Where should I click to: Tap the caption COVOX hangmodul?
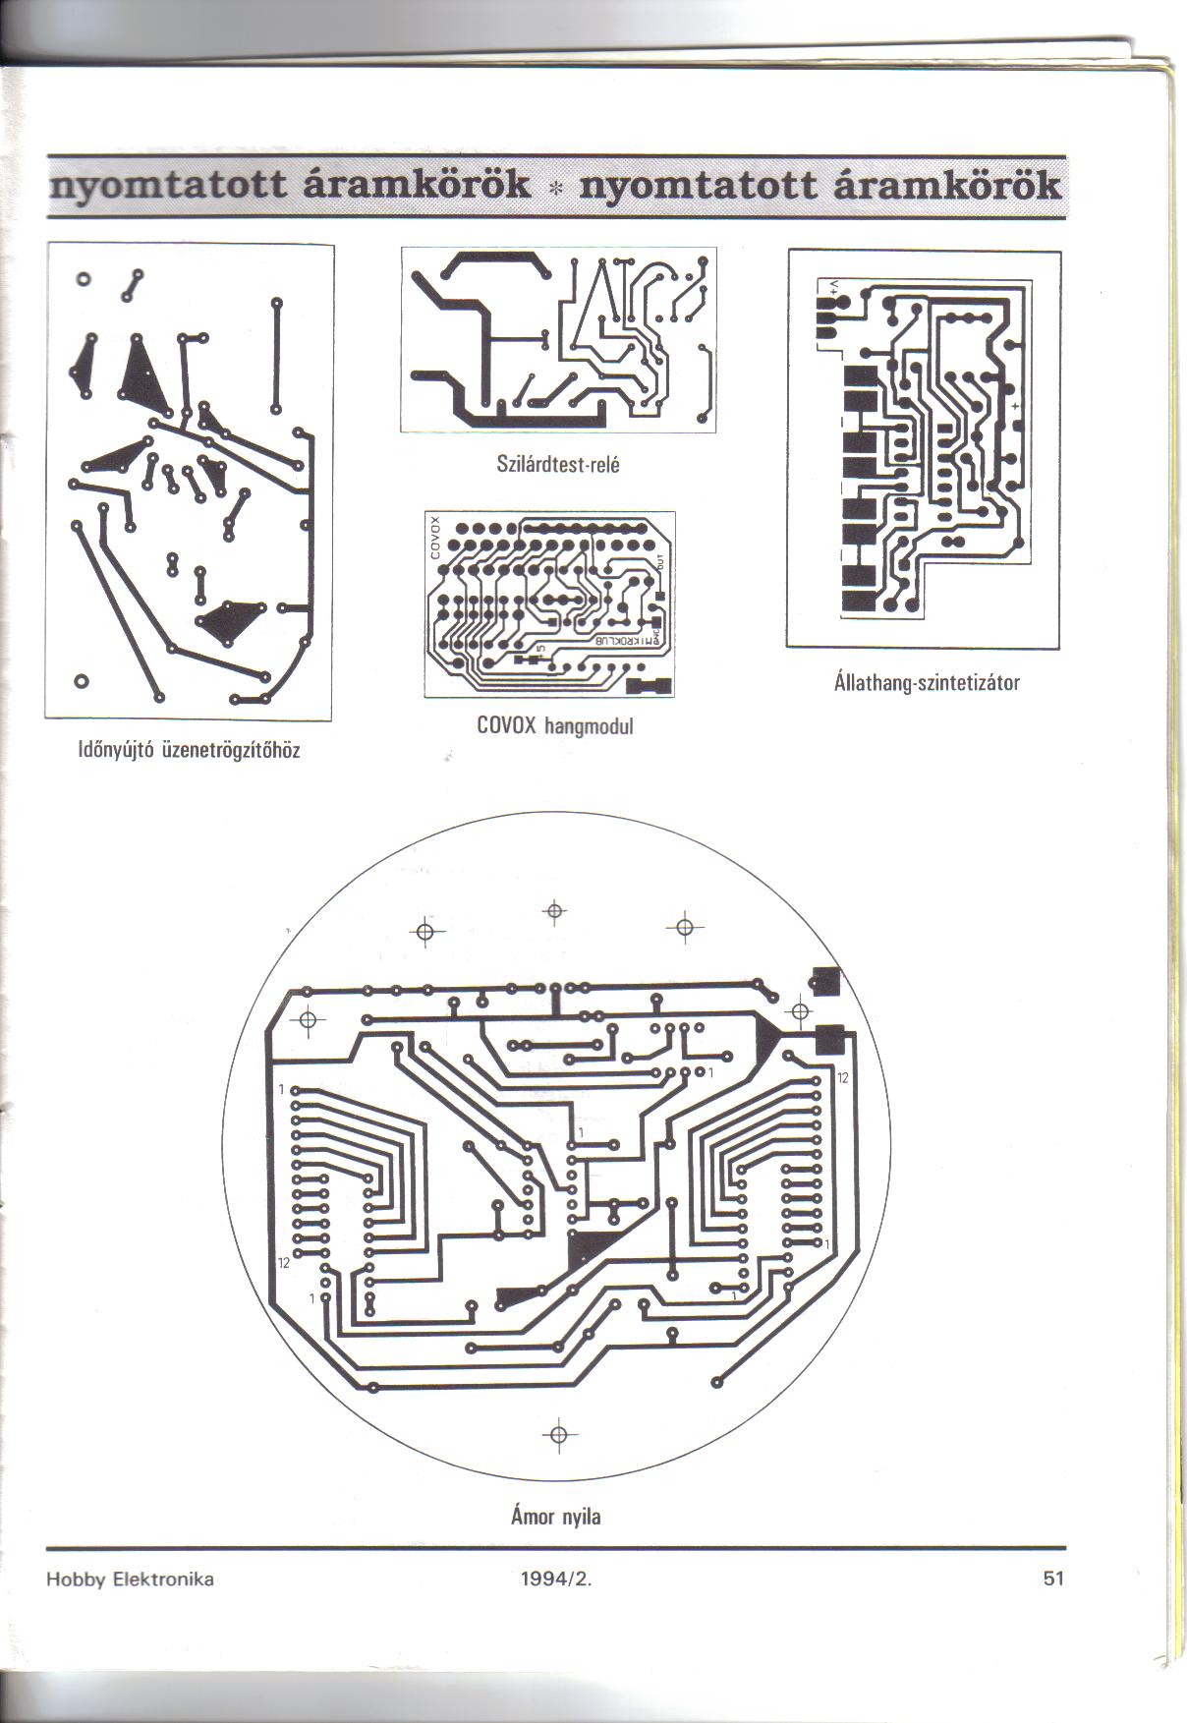(x=555, y=726)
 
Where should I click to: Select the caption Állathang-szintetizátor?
(x=927, y=681)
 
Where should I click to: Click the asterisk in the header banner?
(x=555, y=188)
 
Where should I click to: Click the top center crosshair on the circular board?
(x=554, y=912)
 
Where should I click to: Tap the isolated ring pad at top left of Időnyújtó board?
(x=85, y=278)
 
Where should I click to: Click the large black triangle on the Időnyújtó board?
(x=142, y=378)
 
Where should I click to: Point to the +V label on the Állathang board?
(x=834, y=286)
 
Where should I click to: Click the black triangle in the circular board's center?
(x=587, y=1249)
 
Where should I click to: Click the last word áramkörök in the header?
(x=946, y=187)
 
